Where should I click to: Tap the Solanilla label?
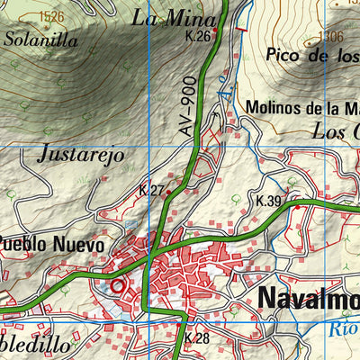click(x=35, y=39)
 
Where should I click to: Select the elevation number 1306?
click(x=330, y=37)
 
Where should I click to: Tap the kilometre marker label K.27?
click(x=151, y=191)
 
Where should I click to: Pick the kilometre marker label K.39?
click(x=268, y=202)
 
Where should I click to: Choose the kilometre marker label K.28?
click(x=196, y=338)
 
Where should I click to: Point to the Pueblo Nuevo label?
click(x=52, y=244)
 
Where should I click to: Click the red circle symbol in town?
click(x=117, y=286)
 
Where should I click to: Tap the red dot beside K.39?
click(x=297, y=206)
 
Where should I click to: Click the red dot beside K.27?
click(x=168, y=193)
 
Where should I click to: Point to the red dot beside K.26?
click(x=215, y=30)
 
